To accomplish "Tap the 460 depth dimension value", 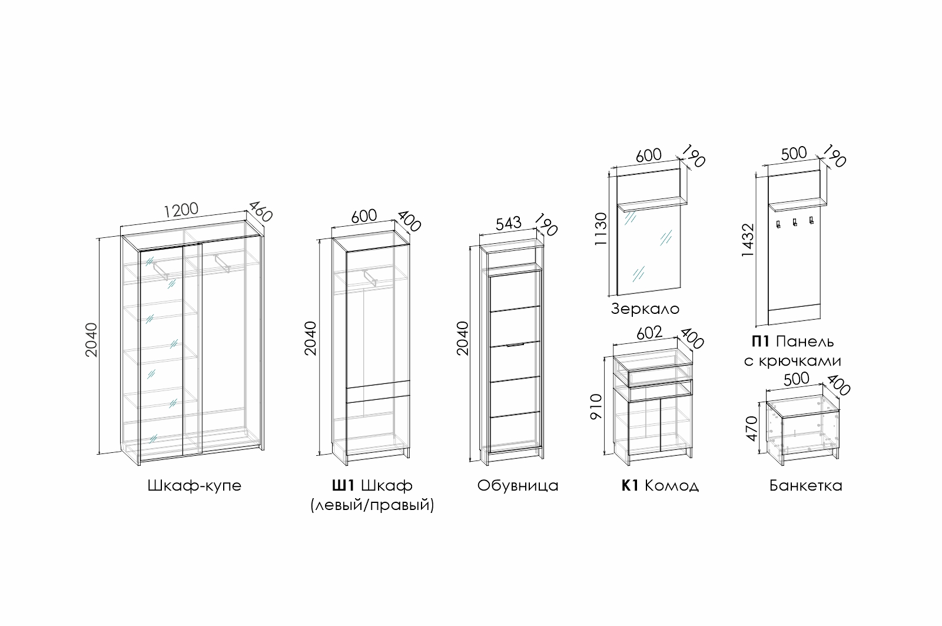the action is (x=261, y=211).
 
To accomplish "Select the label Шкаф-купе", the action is (x=194, y=485).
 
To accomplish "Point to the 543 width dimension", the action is (x=509, y=223).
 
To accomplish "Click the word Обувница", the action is (x=518, y=486).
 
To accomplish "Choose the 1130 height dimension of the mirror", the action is (x=601, y=229).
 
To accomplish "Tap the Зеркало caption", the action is (x=645, y=309).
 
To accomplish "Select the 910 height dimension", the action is (x=596, y=407).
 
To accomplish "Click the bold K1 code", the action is (x=630, y=485).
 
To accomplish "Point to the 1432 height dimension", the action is (x=748, y=240).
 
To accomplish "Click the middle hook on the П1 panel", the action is (x=795, y=223).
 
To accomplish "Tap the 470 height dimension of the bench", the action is (x=752, y=429).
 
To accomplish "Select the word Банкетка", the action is (x=806, y=485).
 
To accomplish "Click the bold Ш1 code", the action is (x=343, y=485).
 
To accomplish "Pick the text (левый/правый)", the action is (x=372, y=505).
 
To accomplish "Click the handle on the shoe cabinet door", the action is (x=516, y=345).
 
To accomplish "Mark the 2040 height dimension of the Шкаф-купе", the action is (x=91, y=340).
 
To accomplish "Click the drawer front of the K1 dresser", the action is (x=660, y=376).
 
